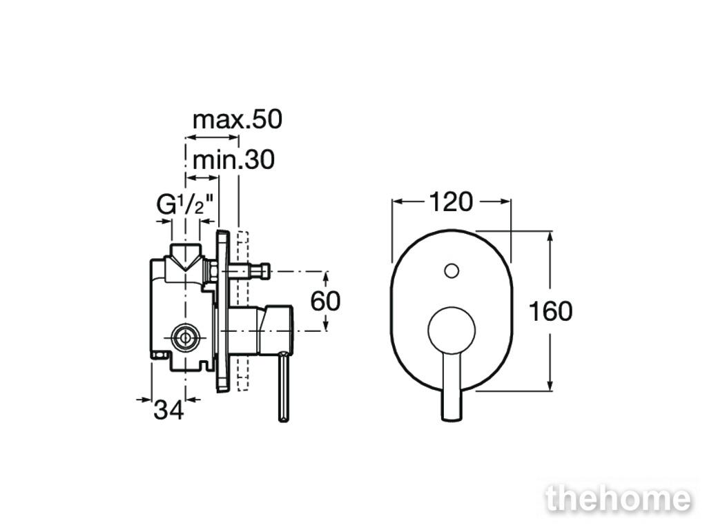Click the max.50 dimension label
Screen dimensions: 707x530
238,120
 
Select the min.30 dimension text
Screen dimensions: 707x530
233,160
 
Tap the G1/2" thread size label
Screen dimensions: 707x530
184,205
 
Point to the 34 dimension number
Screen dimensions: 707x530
169,410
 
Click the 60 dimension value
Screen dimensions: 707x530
326,301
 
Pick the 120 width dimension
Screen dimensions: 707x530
451,202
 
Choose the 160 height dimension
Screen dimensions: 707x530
550,311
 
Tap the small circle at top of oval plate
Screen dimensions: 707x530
452,271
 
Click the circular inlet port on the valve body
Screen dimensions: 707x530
185,337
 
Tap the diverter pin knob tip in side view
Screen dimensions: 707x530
263,271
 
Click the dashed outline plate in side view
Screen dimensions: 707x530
242,311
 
